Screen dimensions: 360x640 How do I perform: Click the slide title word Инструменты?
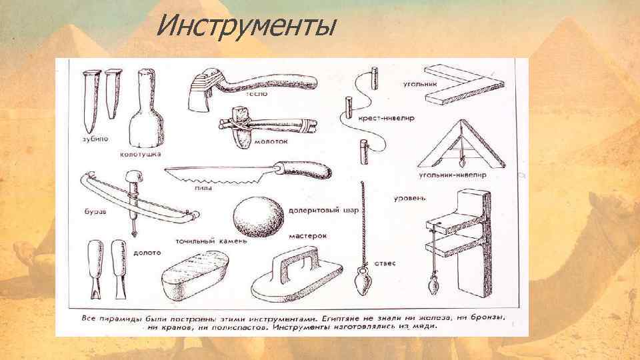coord(245,27)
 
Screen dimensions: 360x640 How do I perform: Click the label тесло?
coord(257,95)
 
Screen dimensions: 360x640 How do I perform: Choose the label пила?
coord(203,189)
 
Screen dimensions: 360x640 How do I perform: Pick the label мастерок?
coord(307,235)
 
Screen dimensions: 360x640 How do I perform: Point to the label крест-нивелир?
coord(386,117)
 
